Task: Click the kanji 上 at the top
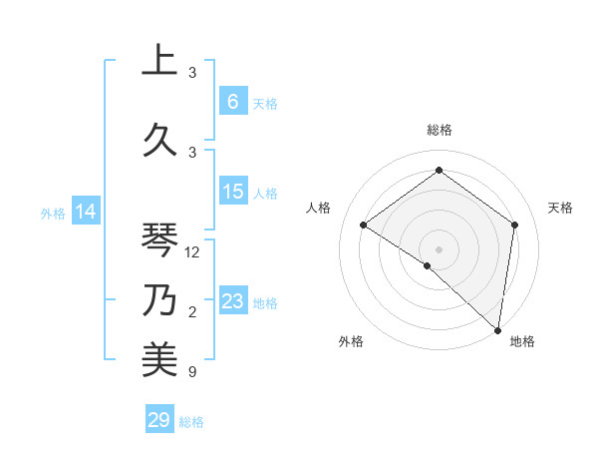159,60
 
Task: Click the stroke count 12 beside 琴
193,252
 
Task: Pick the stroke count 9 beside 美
192,373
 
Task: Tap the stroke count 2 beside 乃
192,313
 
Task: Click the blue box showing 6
233,101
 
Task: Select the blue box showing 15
233,192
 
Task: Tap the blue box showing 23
233,301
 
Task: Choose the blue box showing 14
86,212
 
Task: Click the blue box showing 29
159,420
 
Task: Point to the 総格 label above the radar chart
439,130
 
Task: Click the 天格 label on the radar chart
560,208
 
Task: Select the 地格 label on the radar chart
522,341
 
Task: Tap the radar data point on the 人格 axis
364,225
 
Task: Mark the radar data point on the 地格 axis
497,329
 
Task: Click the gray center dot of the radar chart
439,248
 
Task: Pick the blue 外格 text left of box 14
52,213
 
